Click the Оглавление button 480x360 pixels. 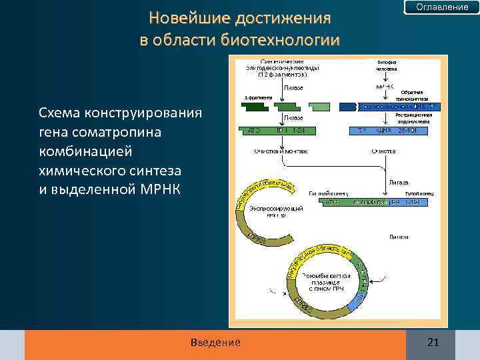tap(442, 7)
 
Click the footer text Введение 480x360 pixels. tap(215, 343)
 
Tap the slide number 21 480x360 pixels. tap(433, 343)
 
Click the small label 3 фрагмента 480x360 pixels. tap(259, 97)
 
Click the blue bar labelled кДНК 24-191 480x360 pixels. tap(393, 130)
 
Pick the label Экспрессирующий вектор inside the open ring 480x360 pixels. tap(276, 212)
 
